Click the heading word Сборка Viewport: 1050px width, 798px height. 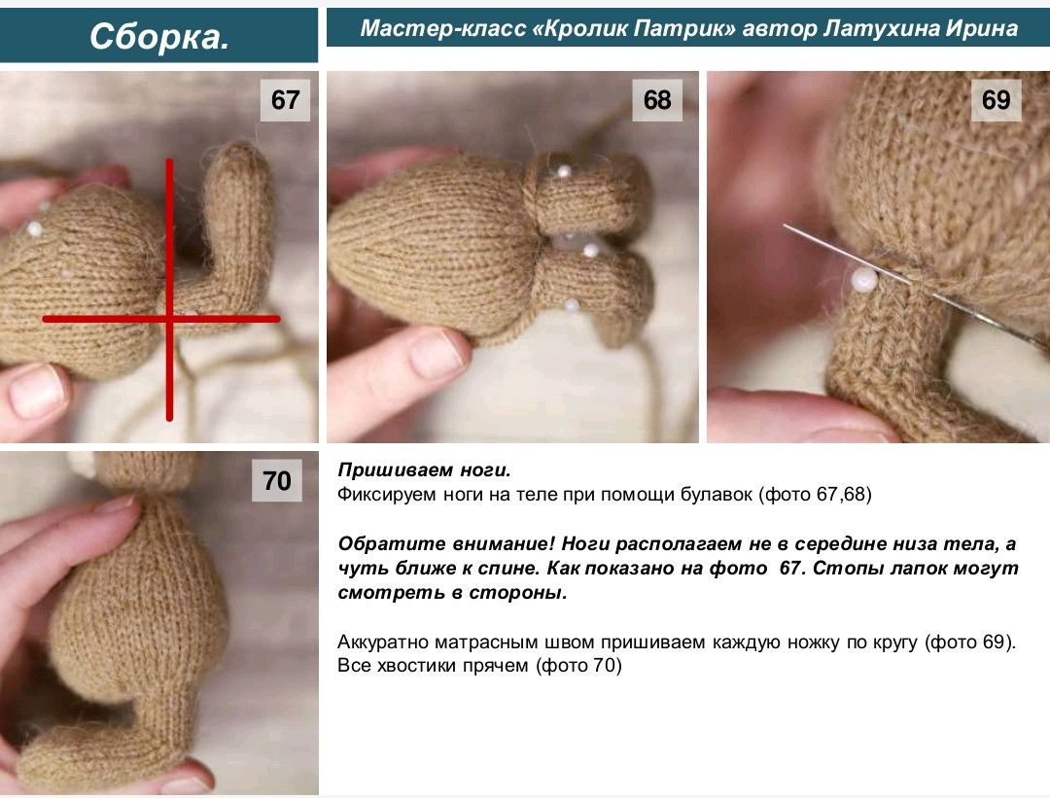(x=159, y=36)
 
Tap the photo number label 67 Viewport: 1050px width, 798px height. (x=285, y=100)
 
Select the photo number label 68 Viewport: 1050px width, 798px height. (x=657, y=100)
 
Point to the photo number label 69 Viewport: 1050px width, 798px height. (x=997, y=100)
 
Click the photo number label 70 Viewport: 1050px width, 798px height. (x=276, y=481)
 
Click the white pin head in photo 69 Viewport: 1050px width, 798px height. (x=864, y=279)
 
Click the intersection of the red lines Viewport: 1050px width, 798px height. (x=169, y=319)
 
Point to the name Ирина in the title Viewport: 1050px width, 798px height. (x=982, y=29)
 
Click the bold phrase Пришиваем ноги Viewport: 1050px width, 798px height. (x=424, y=470)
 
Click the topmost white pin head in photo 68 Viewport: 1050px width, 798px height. (x=563, y=171)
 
